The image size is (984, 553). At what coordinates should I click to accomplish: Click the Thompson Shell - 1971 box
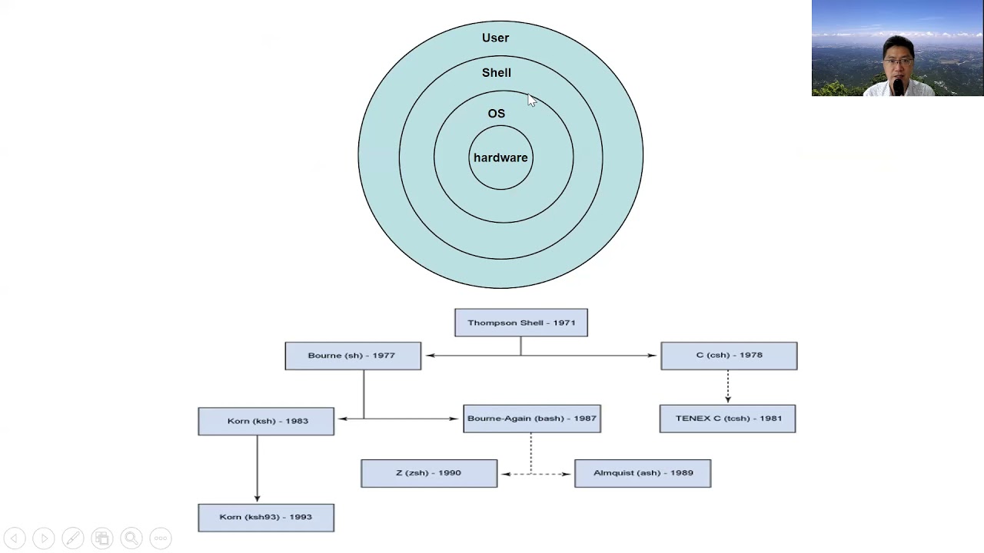pos(520,323)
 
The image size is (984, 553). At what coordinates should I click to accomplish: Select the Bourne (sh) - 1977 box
pos(352,356)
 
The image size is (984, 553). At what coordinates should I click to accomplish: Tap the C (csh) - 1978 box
pos(728,356)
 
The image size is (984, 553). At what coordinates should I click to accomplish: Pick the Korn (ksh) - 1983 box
pos(266,421)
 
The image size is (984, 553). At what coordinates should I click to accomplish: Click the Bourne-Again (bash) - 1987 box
pos(531,419)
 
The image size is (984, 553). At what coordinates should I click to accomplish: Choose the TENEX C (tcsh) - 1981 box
pos(727,419)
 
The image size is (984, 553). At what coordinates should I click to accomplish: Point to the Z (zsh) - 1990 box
pos(428,473)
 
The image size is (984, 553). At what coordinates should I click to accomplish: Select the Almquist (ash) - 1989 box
pos(642,473)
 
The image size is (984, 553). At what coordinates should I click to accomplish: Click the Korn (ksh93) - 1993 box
pos(266,517)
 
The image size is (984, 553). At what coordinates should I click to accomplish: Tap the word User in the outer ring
pos(495,38)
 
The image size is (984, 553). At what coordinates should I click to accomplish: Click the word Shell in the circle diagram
pos(496,72)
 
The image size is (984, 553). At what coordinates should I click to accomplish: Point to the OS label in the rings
pos(496,114)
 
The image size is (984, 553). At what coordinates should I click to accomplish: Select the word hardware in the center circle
pos(500,157)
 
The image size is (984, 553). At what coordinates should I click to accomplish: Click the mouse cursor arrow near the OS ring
pos(531,100)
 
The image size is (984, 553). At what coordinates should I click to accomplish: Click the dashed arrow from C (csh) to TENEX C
pos(728,386)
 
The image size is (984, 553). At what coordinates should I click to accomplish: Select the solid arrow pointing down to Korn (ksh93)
pos(257,469)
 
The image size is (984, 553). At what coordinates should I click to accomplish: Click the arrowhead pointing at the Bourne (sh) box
pos(430,355)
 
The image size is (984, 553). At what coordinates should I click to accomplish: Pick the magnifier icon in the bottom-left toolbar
pos(131,538)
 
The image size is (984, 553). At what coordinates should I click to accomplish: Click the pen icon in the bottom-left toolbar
pos(72,538)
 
